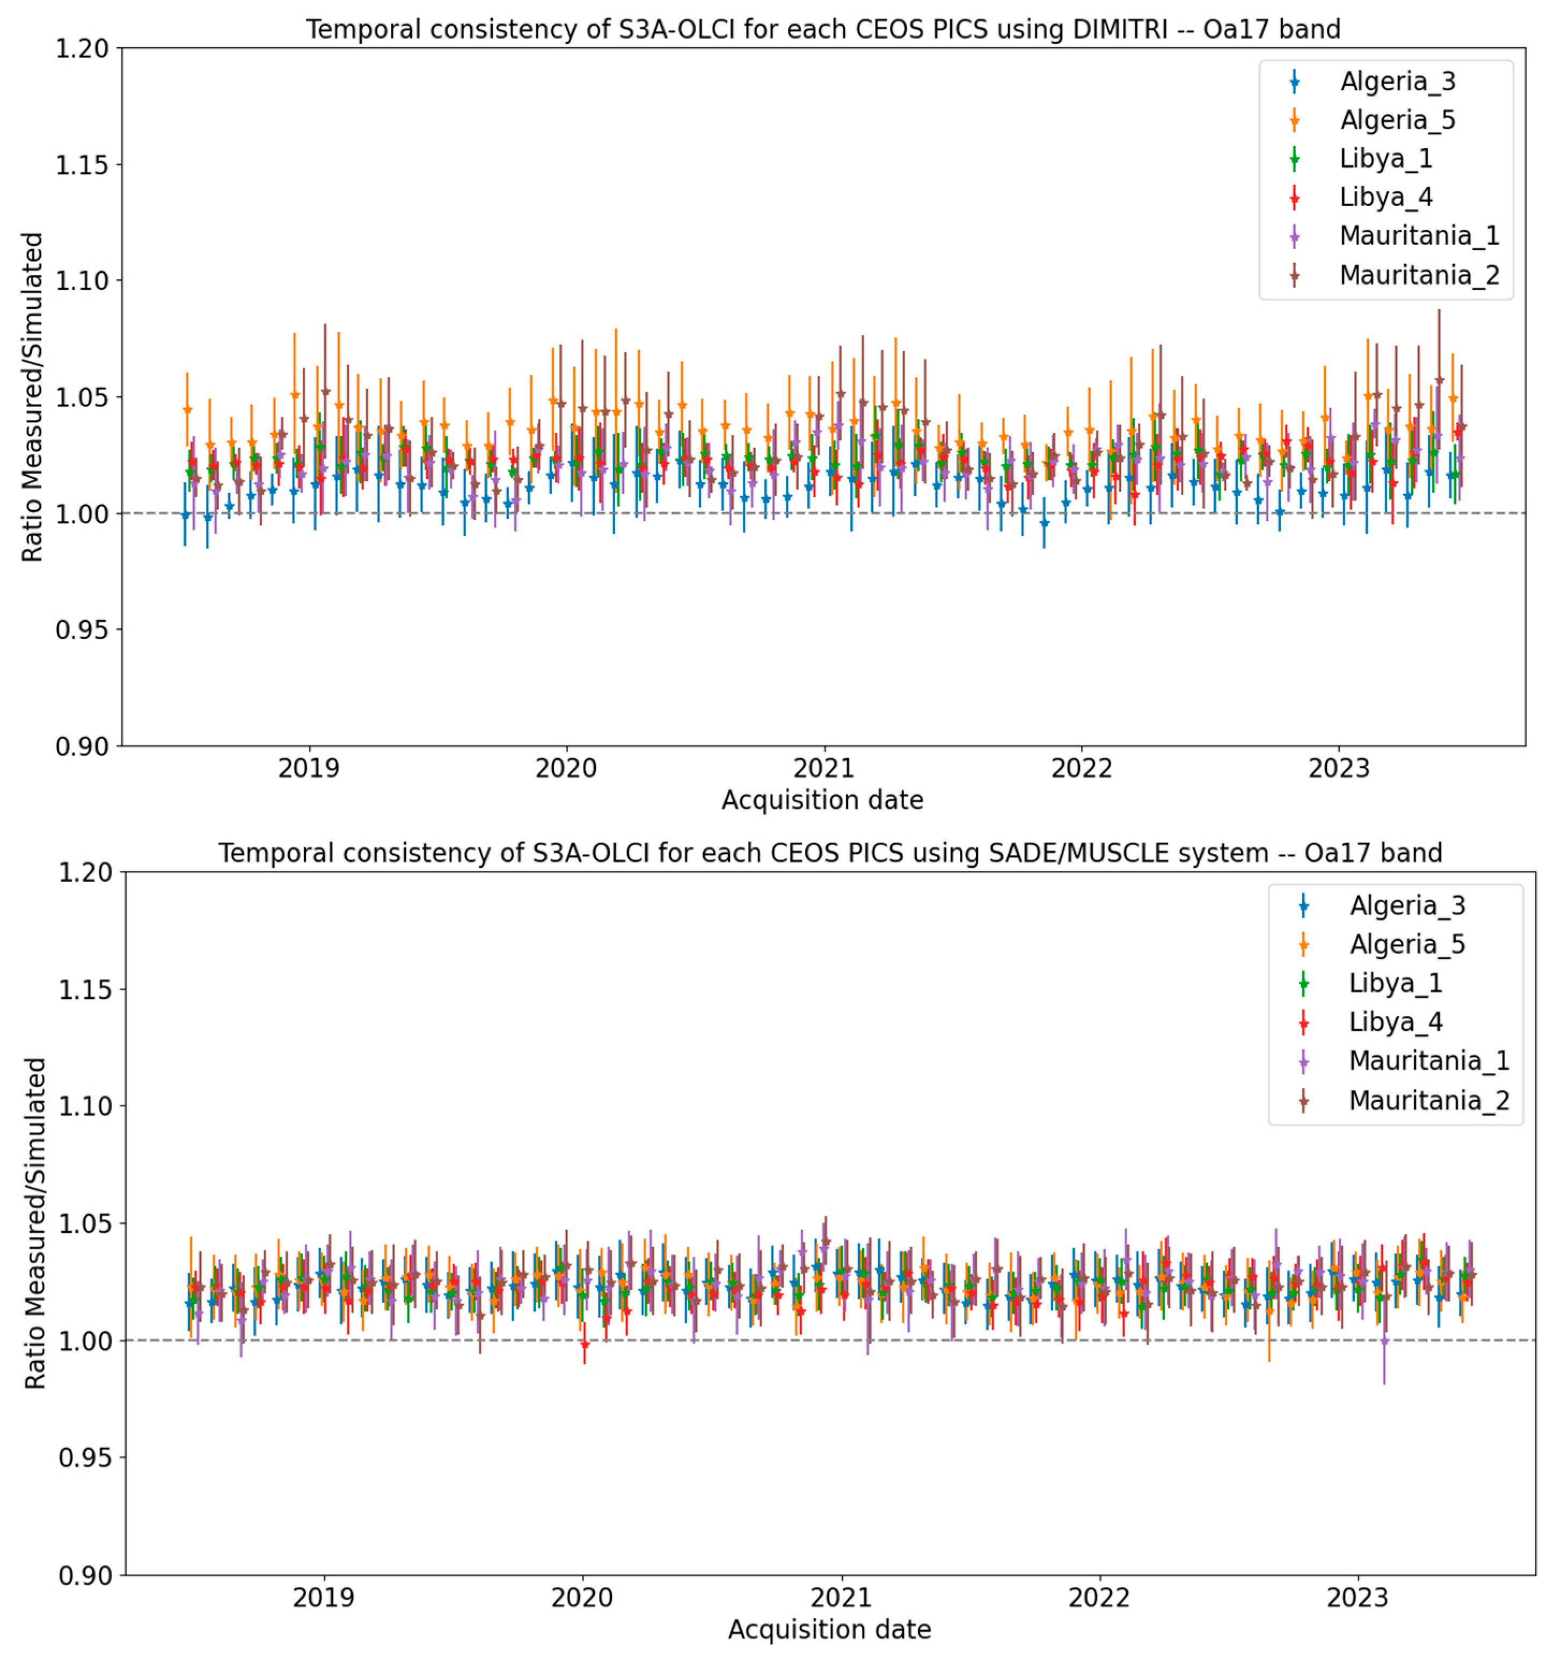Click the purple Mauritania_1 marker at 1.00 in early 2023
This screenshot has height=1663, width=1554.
(1384, 1340)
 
